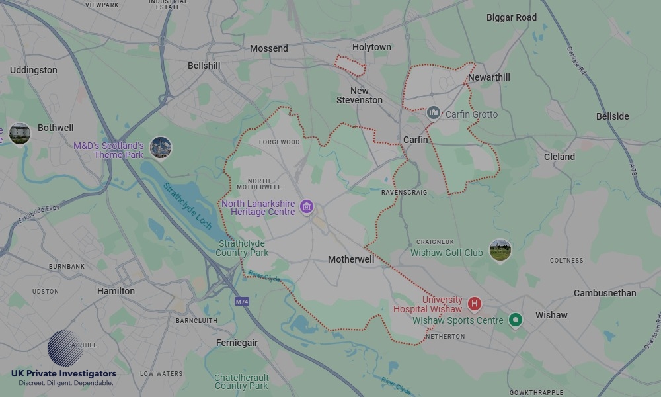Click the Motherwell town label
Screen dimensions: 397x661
[351, 260]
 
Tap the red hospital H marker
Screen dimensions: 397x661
[474, 304]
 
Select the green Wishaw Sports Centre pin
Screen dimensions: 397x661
[516, 320]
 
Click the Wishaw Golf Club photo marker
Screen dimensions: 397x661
[500, 250]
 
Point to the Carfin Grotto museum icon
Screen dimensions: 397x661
[434, 113]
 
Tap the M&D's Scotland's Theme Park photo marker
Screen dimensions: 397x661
[161, 148]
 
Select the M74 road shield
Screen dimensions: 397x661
[242, 302]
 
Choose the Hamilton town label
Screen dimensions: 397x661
[116, 291]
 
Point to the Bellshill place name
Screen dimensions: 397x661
[204, 66]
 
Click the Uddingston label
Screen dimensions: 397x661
[34, 70]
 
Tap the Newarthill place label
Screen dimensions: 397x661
[489, 77]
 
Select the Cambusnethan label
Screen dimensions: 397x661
[605, 293]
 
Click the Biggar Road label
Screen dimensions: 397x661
[512, 17]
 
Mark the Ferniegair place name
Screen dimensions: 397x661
[237, 343]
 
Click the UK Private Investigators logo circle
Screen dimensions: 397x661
[65, 348]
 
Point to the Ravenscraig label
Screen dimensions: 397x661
[404, 193]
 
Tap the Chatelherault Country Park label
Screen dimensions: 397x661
[241, 382]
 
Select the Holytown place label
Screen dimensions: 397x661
[371, 47]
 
